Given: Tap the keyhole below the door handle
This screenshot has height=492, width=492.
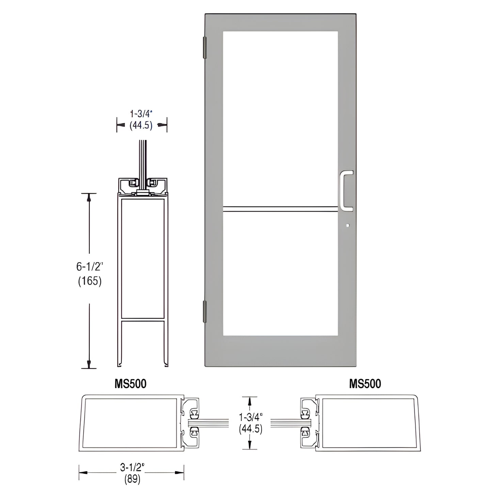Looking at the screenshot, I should (347, 225).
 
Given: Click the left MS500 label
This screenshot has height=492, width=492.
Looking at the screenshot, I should (130, 384).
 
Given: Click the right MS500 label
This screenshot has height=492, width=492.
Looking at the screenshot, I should (365, 384).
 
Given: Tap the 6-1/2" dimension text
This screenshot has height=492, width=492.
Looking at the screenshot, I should (90, 267).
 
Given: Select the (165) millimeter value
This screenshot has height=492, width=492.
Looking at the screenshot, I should (90, 281).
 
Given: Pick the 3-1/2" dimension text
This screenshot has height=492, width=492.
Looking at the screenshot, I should (132, 468).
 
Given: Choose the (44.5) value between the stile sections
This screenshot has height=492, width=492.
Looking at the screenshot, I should (251, 429).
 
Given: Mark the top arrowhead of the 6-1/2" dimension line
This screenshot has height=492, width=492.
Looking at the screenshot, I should (89, 197).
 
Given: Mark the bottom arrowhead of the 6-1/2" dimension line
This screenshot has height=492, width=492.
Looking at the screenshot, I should (89, 364).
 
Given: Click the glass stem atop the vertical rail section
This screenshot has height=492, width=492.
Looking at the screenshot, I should (142, 158).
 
